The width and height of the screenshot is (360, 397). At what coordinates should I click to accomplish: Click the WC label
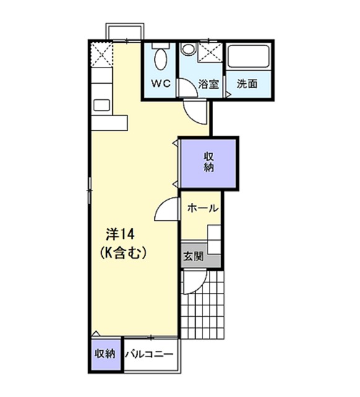pyautogui.click(x=161, y=83)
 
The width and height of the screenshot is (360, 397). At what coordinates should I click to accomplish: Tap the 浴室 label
pyautogui.click(x=208, y=84)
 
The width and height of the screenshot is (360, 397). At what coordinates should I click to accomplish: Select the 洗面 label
pyautogui.click(x=247, y=84)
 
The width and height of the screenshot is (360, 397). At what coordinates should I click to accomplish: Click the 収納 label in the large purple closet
pyautogui.click(x=209, y=163)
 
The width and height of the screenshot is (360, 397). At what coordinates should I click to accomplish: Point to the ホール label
pyautogui.click(x=203, y=208)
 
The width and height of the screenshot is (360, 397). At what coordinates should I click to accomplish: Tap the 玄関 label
pyautogui.click(x=193, y=256)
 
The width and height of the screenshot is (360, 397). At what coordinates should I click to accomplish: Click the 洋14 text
pyautogui.click(x=120, y=234)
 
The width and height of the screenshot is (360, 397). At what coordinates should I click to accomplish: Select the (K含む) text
pyautogui.click(x=123, y=253)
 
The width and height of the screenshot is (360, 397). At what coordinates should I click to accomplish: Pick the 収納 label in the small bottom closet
pyautogui.click(x=105, y=354)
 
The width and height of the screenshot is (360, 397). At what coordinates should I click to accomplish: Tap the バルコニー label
pyautogui.click(x=149, y=354)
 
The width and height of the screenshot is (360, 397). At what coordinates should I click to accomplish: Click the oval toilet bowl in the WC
pyautogui.click(x=160, y=59)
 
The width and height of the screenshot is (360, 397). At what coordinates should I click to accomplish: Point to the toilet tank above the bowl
pyautogui.click(x=160, y=46)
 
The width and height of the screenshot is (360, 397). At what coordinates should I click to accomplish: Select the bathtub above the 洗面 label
pyautogui.click(x=248, y=56)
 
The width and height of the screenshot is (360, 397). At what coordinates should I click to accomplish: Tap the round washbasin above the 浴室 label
pyautogui.click(x=188, y=48)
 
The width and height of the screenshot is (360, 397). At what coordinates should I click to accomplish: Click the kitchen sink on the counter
pyautogui.click(x=102, y=105)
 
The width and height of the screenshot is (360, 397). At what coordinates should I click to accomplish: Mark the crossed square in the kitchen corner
pyautogui.click(x=102, y=54)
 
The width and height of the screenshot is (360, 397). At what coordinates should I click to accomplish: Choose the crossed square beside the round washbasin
pyautogui.click(x=210, y=52)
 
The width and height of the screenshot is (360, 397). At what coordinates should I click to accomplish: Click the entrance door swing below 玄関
pyautogui.click(x=195, y=282)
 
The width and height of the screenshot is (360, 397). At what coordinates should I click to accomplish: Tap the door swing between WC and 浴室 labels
pyautogui.click(x=188, y=88)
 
